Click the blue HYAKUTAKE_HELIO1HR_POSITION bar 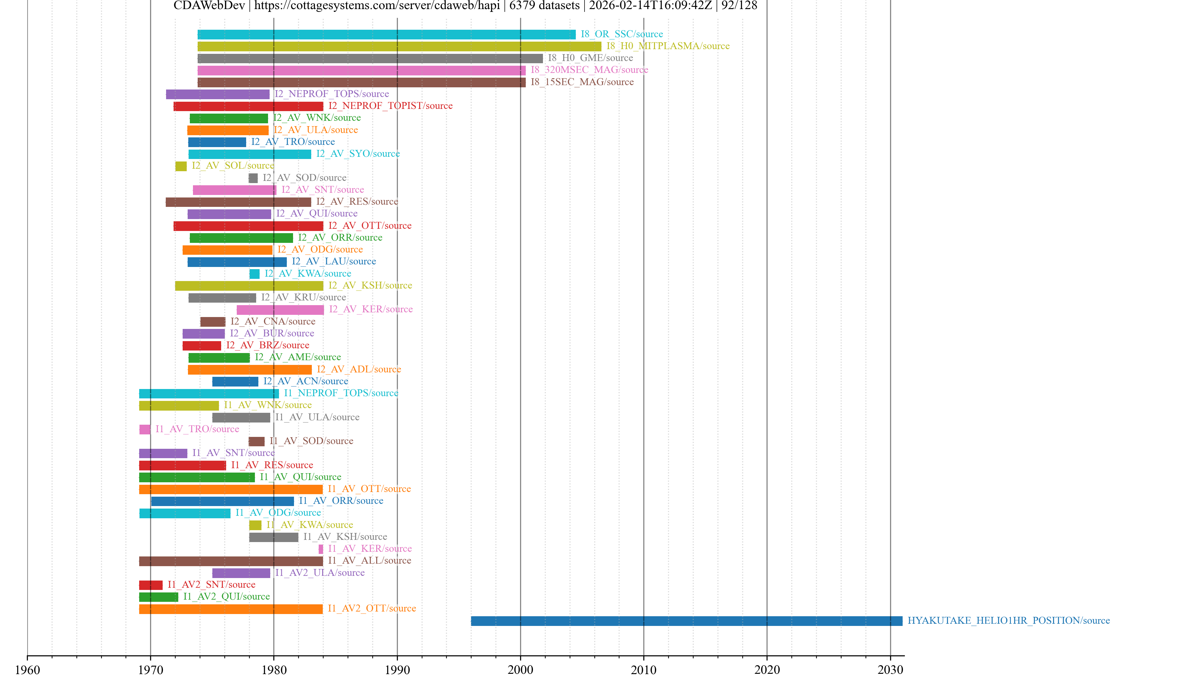pyautogui.click(x=686, y=621)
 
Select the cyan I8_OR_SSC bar pyautogui.click(x=386, y=34)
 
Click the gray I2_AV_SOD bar pyautogui.click(x=253, y=178)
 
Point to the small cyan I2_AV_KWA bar pyautogui.click(x=255, y=274)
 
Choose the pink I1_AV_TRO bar pyautogui.click(x=145, y=429)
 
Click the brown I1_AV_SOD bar pyautogui.click(x=256, y=441)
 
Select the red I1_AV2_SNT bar pyautogui.click(x=150, y=585)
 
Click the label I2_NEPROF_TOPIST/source pyautogui.click(x=390, y=106)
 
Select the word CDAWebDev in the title pyautogui.click(x=209, y=6)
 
